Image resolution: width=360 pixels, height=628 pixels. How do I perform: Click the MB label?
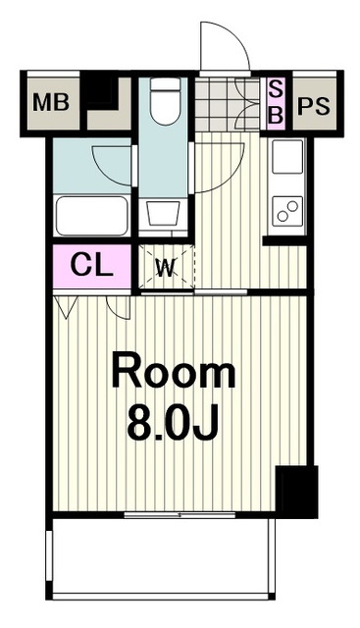[x=51, y=102]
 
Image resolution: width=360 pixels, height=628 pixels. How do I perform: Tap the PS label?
[x=314, y=106]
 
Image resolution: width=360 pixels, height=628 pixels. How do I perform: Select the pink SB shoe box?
[x=275, y=104]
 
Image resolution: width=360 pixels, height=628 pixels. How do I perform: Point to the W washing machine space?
[x=166, y=267]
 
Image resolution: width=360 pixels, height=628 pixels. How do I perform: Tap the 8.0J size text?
[x=173, y=422]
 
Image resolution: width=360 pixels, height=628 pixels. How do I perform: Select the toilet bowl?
[x=165, y=101]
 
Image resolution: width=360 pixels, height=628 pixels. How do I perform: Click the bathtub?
[x=91, y=216]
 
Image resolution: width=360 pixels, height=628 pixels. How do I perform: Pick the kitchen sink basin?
[x=287, y=157]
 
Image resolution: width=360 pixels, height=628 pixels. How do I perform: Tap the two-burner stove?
[x=287, y=211]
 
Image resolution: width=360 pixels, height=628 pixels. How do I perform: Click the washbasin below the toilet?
[x=163, y=214]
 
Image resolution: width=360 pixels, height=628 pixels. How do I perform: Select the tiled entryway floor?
[x=227, y=104]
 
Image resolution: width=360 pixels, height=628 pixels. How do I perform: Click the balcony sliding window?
[x=180, y=514]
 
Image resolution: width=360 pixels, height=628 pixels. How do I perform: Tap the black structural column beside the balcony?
[x=296, y=492]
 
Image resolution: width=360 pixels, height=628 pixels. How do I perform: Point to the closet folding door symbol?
[x=66, y=307]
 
